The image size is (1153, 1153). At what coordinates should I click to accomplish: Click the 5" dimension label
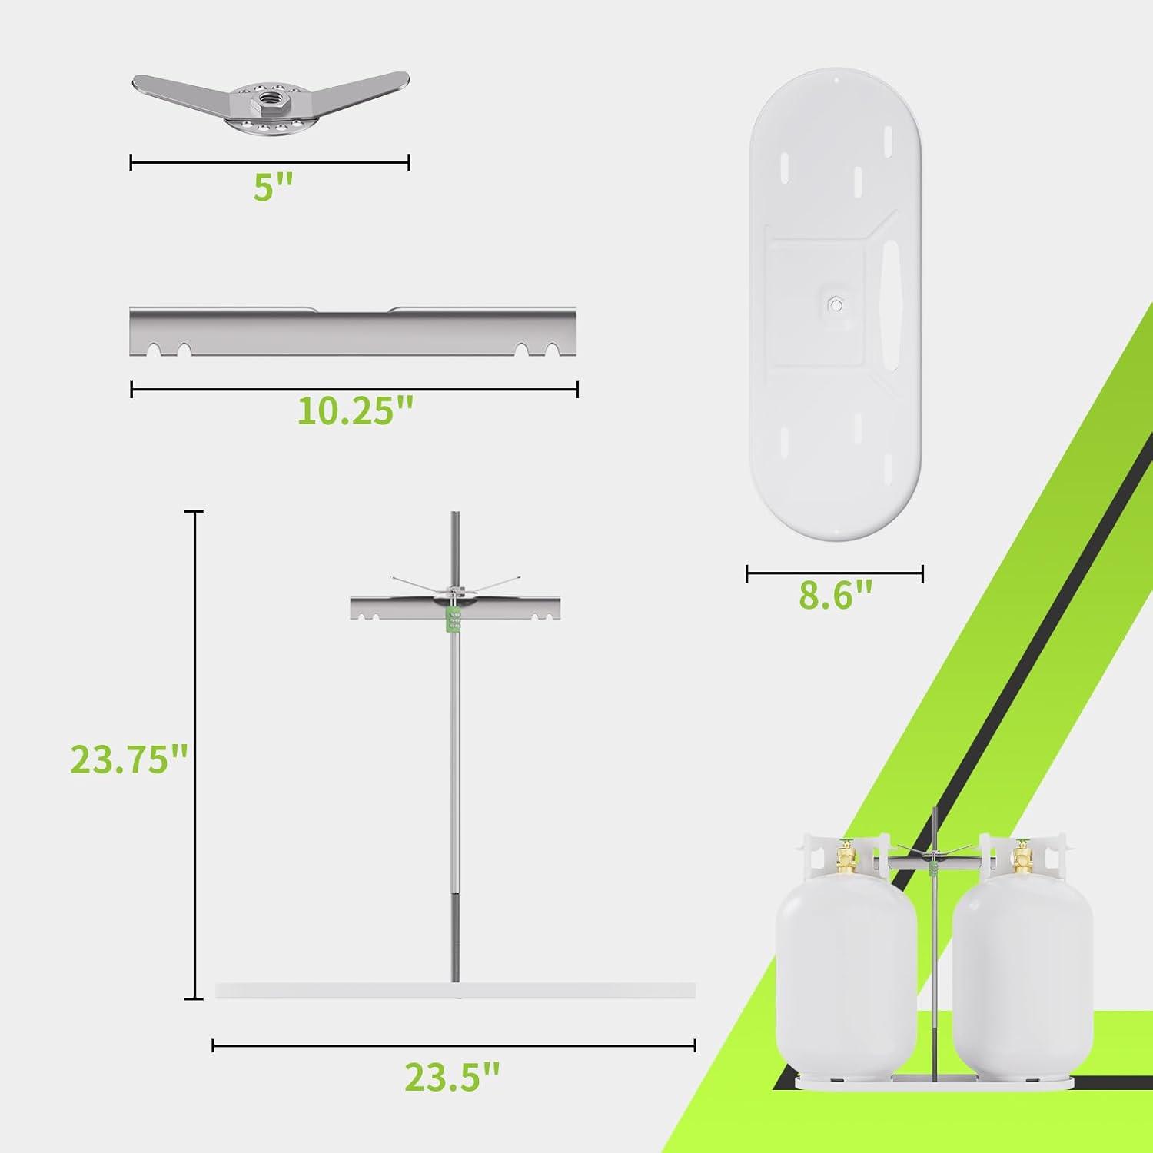(x=274, y=187)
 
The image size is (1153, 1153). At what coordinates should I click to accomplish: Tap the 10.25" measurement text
(x=355, y=411)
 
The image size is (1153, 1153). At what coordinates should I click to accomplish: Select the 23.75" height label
(x=129, y=759)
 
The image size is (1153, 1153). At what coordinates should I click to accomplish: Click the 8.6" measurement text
(x=836, y=595)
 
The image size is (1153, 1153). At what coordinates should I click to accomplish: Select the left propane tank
(x=846, y=954)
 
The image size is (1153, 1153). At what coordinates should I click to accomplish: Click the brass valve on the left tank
(x=847, y=857)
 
